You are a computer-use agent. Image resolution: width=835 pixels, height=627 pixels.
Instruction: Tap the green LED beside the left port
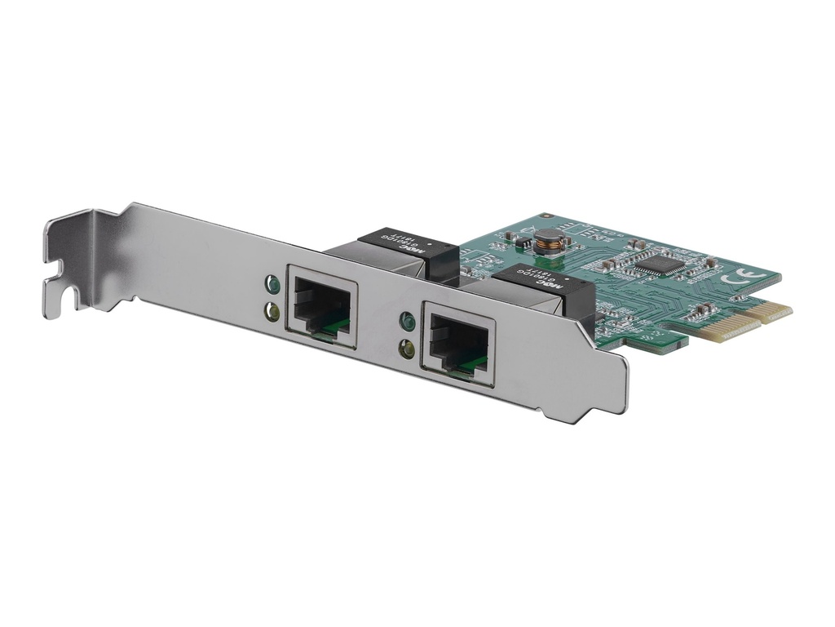click(272, 285)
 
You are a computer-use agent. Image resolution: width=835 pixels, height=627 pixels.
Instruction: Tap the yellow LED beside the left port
click(272, 310)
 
